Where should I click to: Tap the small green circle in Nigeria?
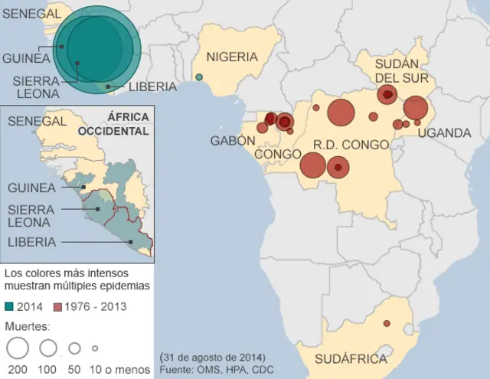[199, 77]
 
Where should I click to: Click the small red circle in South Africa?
[387, 323]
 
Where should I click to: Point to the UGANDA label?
[445, 133]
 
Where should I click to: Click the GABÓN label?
[233, 140]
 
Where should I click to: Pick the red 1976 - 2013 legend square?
[57, 306]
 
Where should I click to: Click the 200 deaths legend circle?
[17, 348]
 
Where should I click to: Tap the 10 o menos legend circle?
[95, 348]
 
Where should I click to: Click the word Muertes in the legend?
[28, 325]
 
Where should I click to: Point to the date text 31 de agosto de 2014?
[212, 358]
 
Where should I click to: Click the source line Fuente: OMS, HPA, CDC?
[217, 371]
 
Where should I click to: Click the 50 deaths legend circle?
[74, 348]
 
